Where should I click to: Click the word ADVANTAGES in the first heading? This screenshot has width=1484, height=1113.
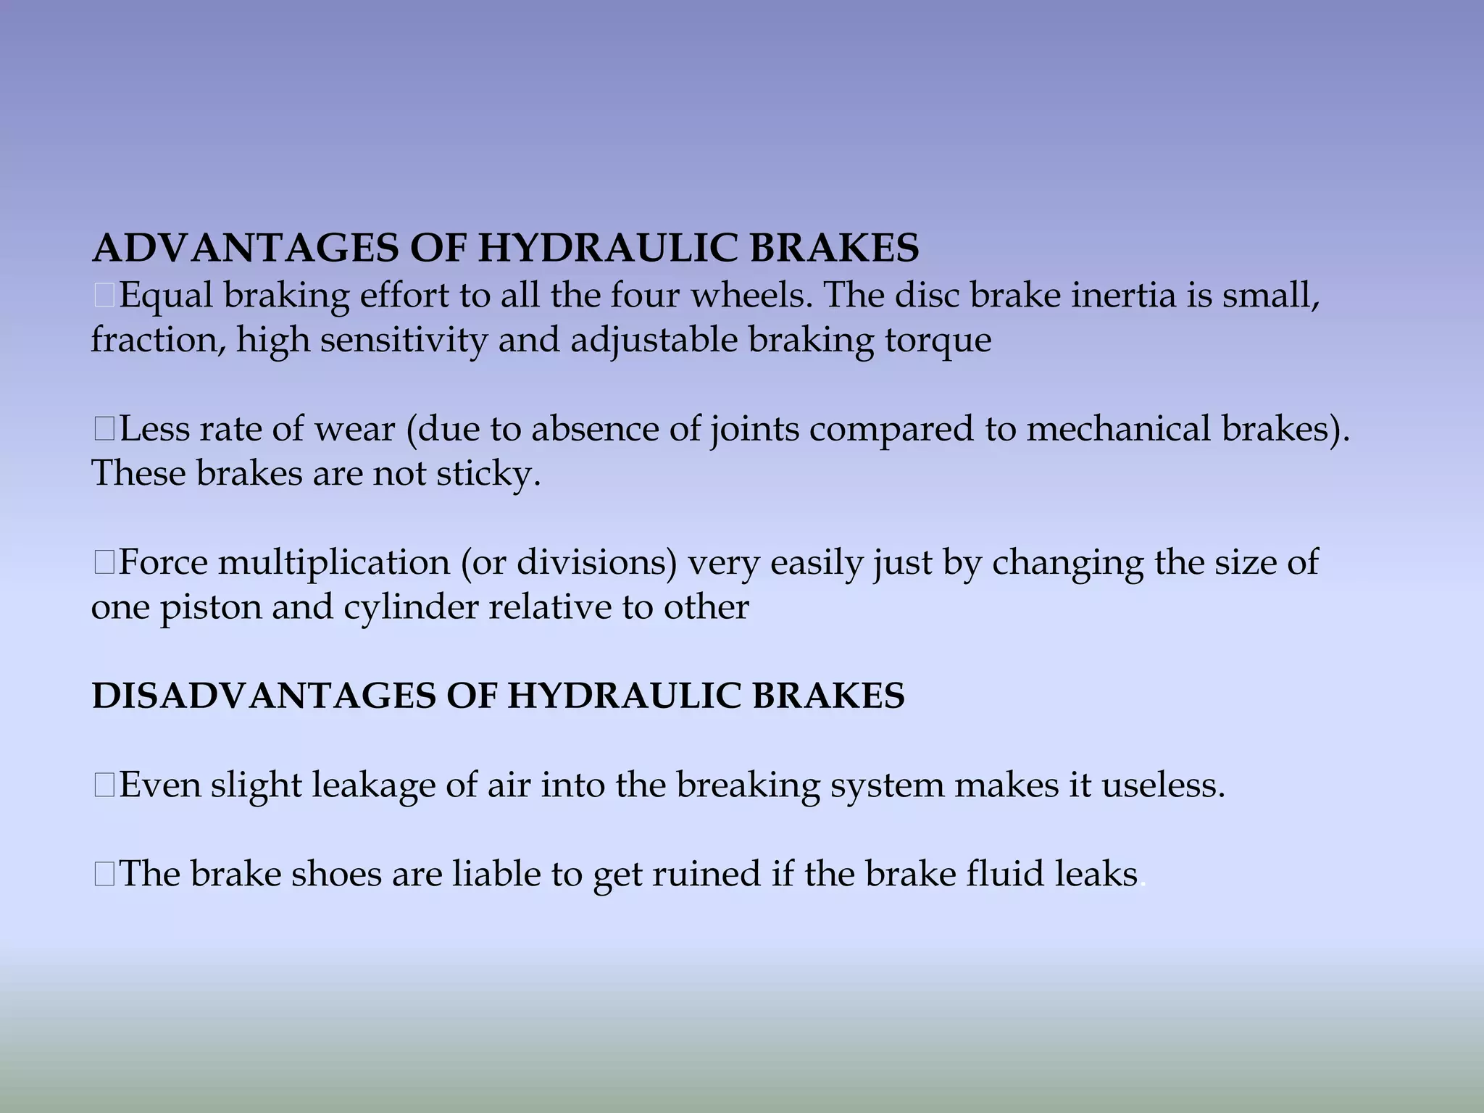(246, 249)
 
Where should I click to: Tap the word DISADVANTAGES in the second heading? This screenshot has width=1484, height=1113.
(264, 696)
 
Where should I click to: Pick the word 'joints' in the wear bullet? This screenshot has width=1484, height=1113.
(754, 430)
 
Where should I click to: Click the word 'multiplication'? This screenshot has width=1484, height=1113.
(334, 563)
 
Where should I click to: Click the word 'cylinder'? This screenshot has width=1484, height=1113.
(410, 608)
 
